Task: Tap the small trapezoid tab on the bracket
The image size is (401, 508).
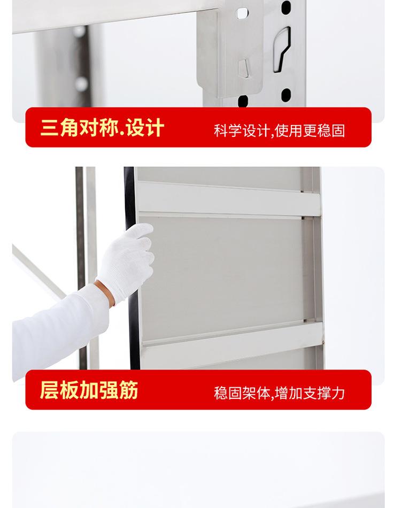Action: [243, 68]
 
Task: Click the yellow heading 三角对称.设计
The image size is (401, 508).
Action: [102, 128]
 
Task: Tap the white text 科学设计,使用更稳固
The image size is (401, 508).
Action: [279, 130]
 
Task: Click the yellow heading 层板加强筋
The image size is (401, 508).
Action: [89, 390]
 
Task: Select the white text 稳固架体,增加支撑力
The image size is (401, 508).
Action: [279, 393]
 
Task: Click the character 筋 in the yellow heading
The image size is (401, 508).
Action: [129, 390]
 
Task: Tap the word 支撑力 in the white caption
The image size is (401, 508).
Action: [325, 393]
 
